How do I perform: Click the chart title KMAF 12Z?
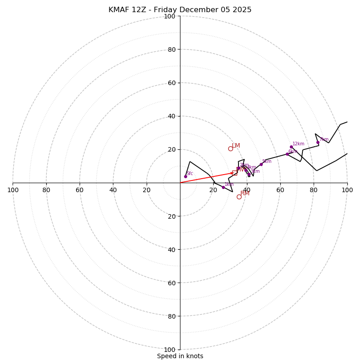(x=180, y=10)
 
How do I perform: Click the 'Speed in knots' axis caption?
(x=180, y=356)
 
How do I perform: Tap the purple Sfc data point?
(x=185, y=176)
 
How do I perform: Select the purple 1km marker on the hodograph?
(x=223, y=187)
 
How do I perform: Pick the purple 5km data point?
(x=261, y=164)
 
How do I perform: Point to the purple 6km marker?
(x=287, y=154)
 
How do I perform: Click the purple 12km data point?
(x=291, y=147)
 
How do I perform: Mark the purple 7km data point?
(x=318, y=142)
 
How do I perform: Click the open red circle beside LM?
(x=230, y=148)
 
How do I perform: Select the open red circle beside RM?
(x=239, y=197)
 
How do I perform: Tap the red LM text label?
(x=236, y=146)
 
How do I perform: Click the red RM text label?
(x=245, y=193)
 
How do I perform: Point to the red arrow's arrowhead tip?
(x=234, y=173)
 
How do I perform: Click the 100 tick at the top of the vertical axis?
(x=170, y=16)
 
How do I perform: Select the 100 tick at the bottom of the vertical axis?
(x=170, y=350)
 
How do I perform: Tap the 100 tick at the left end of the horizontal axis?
(x=13, y=190)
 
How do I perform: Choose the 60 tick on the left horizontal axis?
(x=80, y=190)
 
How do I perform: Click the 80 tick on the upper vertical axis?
(x=171, y=49)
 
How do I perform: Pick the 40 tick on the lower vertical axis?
(x=171, y=249)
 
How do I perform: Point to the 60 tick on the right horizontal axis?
(x=280, y=190)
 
